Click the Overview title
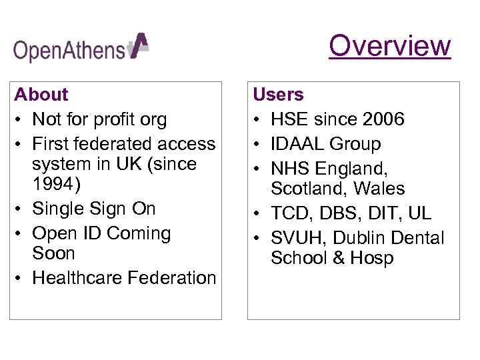[390, 46]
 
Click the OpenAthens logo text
[69, 50]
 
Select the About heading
[41, 95]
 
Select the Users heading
[278, 95]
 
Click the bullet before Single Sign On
[19, 209]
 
